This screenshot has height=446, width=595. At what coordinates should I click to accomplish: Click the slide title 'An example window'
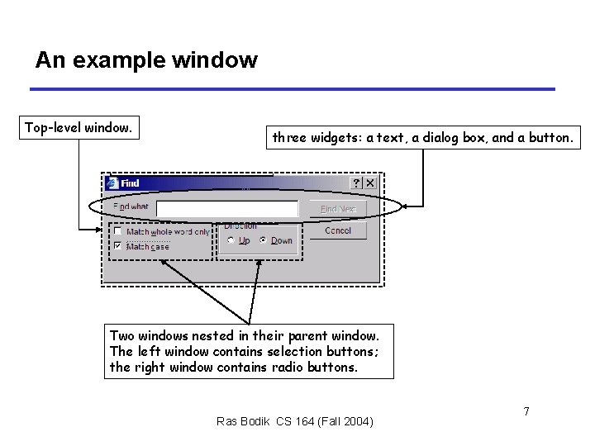pyautogui.click(x=146, y=60)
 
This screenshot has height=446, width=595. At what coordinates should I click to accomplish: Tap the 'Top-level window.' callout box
pyautogui.click(x=79, y=128)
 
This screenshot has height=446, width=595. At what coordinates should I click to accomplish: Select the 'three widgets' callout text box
pyautogui.click(x=422, y=138)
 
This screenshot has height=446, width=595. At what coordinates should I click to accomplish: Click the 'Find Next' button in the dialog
pyautogui.click(x=337, y=209)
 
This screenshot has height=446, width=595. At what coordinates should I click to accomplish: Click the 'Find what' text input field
pyautogui.click(x=227, y=208)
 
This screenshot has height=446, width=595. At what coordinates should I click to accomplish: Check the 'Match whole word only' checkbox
pyautogui.click(x=118, y=232)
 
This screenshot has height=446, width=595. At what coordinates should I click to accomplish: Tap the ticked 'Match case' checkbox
pyautogui.click(x=118, y=246)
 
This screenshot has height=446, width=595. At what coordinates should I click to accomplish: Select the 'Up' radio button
pyautogui.click(x=231, y=241)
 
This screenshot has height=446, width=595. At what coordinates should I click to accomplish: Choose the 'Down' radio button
pyautogui.click(x=263, y=241)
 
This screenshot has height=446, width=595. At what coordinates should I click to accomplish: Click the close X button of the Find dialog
pyautogui.click(x=370, y=183)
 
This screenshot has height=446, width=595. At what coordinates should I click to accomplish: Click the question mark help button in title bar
pyautogui.click(x=356, y=183)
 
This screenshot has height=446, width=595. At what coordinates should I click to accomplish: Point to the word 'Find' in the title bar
pyautogui.click(x=130, y=183)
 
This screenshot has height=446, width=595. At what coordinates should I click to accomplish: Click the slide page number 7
pyautogui.click(x=526, y=410)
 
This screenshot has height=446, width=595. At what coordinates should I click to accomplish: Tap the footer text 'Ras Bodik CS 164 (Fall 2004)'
pyautogui.click(x=295, y=422)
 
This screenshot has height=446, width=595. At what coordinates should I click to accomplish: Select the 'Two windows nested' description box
pyautogui.click(x=249, y=351)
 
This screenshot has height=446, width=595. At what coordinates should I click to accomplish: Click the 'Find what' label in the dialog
pyautogui.click(x=131, y=206)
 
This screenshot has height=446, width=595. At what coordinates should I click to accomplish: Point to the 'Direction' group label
pyautogui.click(x=240, y=225)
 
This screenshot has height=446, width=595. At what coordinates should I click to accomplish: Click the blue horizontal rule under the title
pyautogui.click(x=293, y=89)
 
